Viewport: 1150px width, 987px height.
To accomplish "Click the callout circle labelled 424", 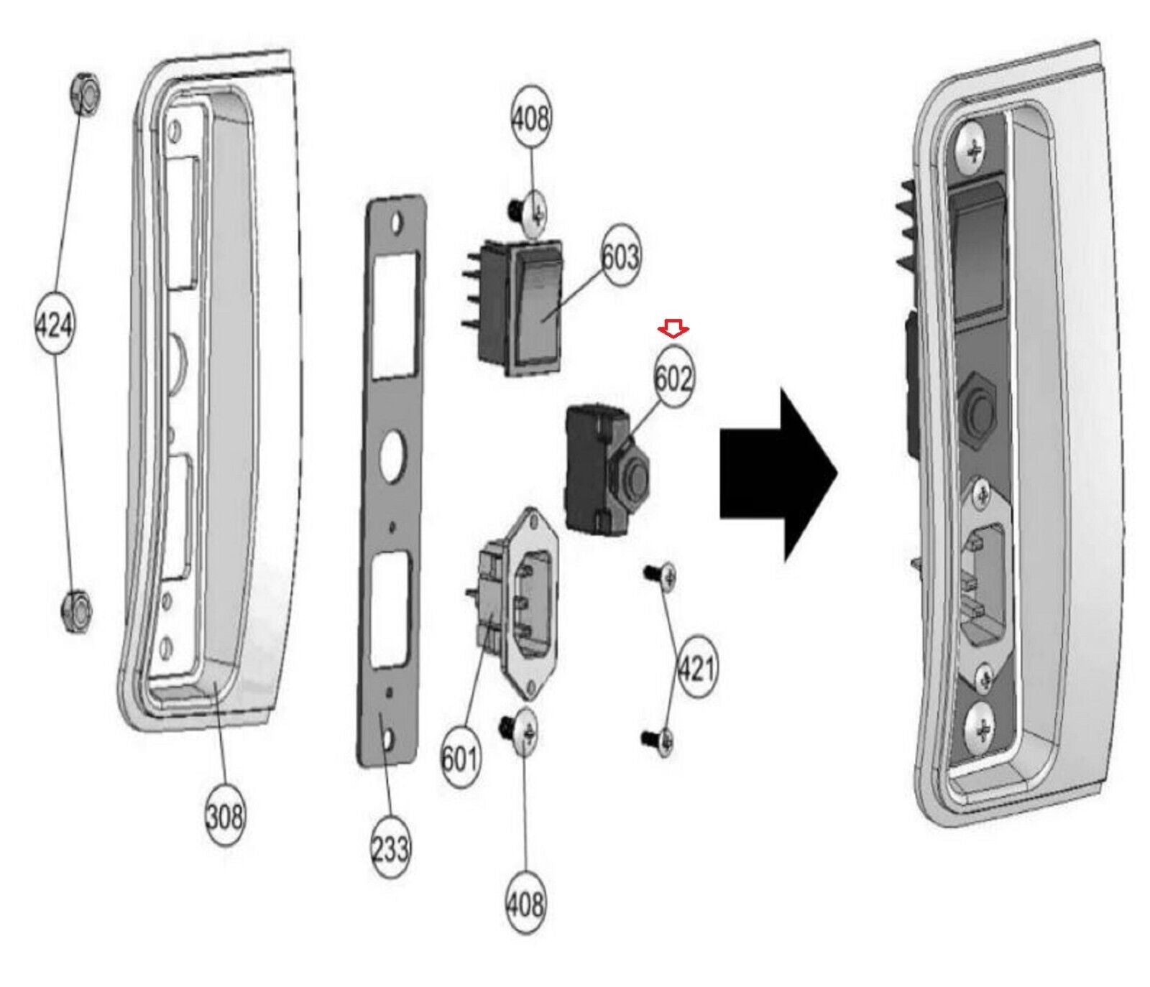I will (55, 327).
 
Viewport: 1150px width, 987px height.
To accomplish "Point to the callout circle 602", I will (673, 378).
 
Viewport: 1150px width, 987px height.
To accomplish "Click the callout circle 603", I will (620, 256).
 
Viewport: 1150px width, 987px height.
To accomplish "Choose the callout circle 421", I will (696, 669).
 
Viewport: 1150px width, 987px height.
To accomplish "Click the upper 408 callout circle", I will (530, 118).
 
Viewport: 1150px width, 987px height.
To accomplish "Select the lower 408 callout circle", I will (526, 903).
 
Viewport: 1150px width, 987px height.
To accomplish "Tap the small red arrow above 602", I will (673, 328).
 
